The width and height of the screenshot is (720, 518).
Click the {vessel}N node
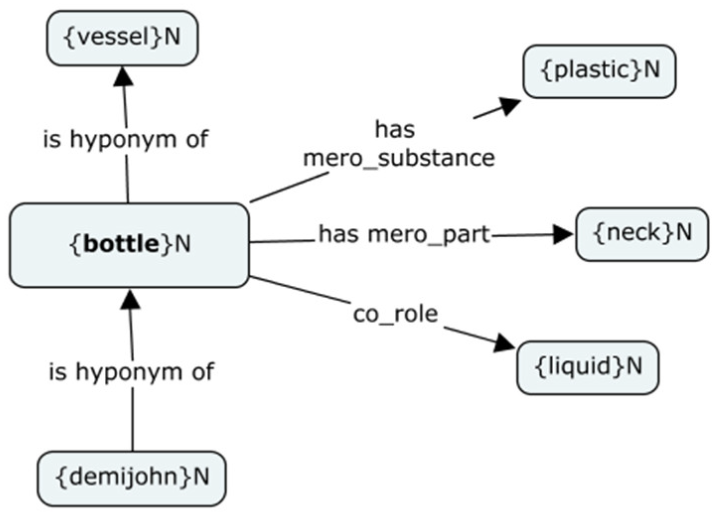[x=122, y=38]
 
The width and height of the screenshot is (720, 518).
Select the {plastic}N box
[x=599, y=71]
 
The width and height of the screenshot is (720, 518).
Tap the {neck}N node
[x=642, y=234]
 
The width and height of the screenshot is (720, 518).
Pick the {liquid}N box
[x=588, y=367]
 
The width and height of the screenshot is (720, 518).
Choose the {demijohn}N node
[x=132, y=478]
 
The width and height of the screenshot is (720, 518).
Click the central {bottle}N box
[x=129, y=245]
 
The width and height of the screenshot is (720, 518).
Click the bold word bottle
[x=122, y=244]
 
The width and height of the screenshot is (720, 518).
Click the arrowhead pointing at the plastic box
[x=508, y=105]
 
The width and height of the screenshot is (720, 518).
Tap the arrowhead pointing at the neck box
[x=563, y=235]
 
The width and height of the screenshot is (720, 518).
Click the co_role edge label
[x=395, y=314]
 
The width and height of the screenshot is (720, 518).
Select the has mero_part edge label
[x=404, y=234]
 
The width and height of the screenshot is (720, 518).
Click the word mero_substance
[x=399, y=158]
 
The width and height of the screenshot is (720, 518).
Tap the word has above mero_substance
[x=395, y=130]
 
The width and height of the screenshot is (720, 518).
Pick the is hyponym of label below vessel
[x=125, y=139]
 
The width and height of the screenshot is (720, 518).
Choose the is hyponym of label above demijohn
[x=131, y=372]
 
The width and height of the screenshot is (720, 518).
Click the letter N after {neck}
[x=684, y=232]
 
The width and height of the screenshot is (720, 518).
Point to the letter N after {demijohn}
[x=201, y=477]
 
